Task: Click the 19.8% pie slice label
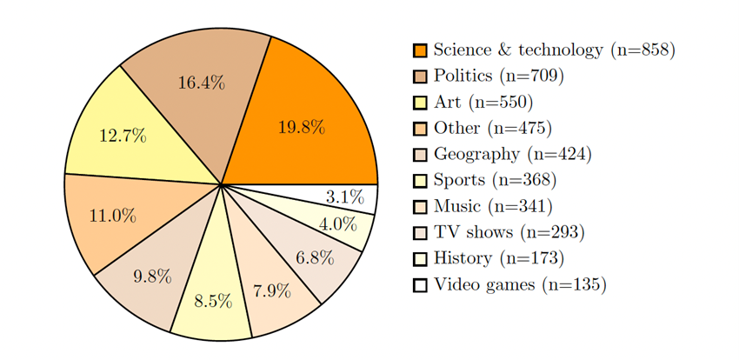click(301, 128)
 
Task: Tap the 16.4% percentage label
click(201, 83)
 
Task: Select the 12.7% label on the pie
click(121, 137)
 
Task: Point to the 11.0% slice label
click(112, 216)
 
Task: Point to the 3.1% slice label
click(343, 197)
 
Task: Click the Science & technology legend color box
click(421, 50)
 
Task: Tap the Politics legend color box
click(421, 77)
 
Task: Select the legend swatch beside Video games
click(421, 284)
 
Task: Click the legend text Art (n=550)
click(481, 103)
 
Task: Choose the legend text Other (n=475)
click(493, 129)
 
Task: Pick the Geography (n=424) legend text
click(512, 155)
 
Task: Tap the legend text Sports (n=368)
click(495, 181)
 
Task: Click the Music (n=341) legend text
click(493, 207)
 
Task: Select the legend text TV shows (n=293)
click(509, 233)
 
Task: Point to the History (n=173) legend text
click(498, 258)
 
